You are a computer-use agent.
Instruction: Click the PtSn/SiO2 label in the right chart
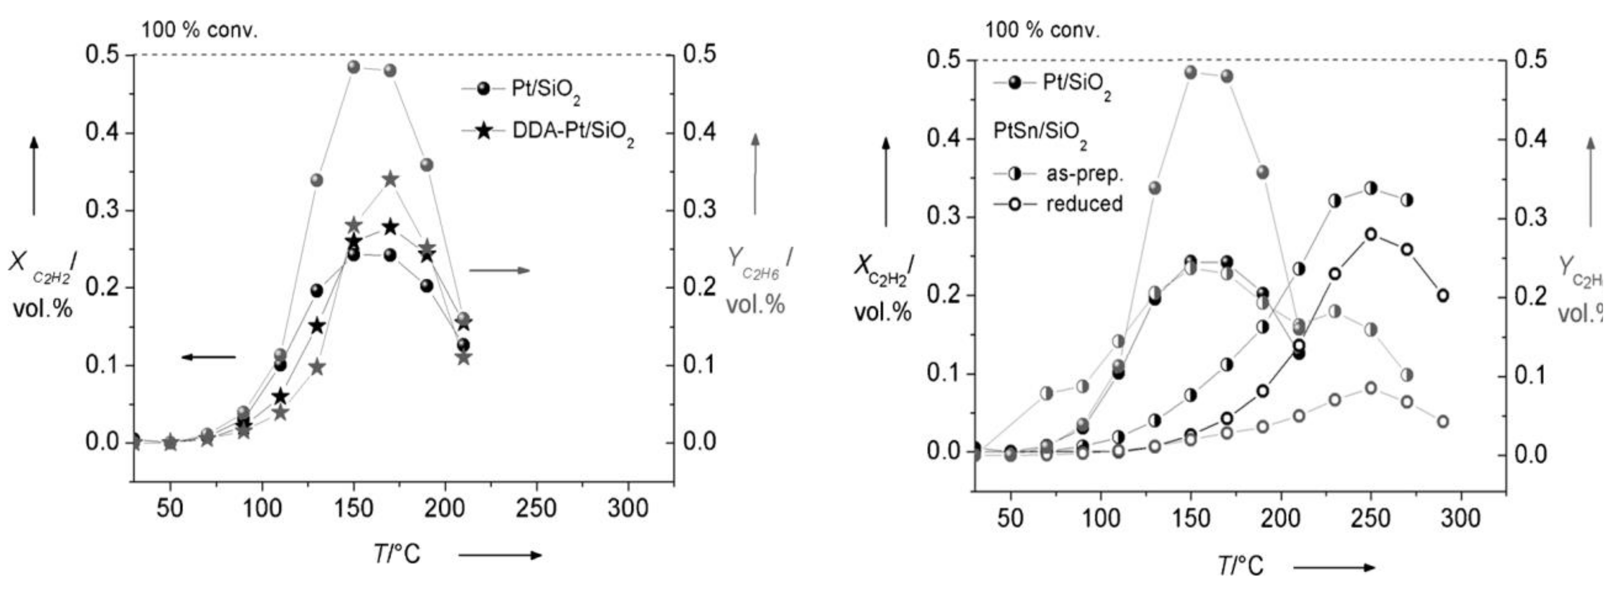[1040, 133]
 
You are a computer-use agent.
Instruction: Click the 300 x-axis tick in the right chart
[1460, 519]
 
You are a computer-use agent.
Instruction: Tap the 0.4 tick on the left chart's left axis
[102, 133]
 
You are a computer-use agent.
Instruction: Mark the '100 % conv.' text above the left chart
[199, 30]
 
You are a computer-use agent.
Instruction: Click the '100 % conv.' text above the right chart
[1042, 30]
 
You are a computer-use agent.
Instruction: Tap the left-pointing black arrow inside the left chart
[209, 357]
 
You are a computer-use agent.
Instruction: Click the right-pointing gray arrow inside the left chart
[499, 270]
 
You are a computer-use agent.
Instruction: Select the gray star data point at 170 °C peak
[390, 179]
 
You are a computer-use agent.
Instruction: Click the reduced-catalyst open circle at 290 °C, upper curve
[1443, 295]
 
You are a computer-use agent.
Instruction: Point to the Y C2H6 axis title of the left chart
[758, 280]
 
